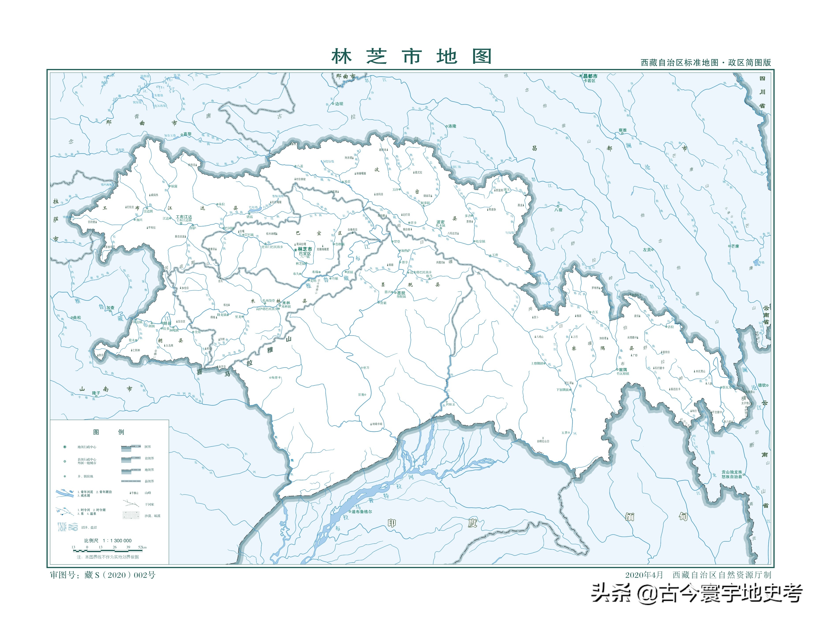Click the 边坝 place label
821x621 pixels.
coord(339,104)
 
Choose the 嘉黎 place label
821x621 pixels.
coord(187,134)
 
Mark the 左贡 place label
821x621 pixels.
coord(647,250)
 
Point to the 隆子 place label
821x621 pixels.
coord(96,393)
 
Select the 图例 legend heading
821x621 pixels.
coord(108,432)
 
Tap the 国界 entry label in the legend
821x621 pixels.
coord(148,447)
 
